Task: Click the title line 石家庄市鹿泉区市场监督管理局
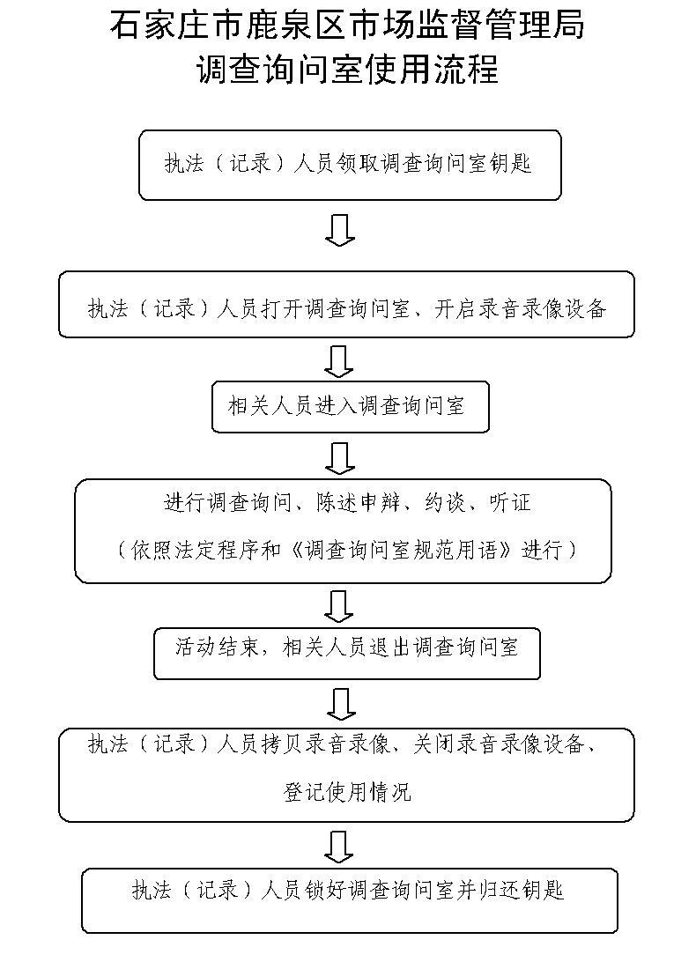(347, 26)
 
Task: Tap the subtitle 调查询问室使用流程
(347, 69)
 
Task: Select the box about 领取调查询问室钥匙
(349, 165)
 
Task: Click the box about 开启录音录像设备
(346, 305)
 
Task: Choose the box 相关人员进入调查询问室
(350, 407)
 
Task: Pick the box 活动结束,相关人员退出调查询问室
(346, 653)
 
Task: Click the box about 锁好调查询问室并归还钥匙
(349, 899)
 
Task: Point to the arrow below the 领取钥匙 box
(339, 229)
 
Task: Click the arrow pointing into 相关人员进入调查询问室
(339, 360)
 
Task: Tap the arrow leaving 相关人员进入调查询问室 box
(339, 457)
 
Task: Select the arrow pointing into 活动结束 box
(339, 605)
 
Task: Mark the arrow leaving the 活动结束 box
(339, 703)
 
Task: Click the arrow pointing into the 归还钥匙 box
(339, 846)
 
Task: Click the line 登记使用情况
(346, 791)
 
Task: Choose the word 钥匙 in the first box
(512, 165)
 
